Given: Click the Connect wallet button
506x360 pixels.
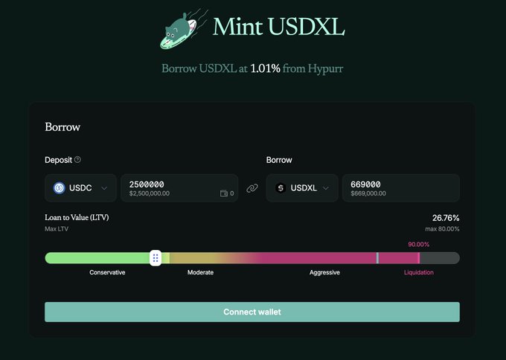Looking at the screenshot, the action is [x=252, y=312].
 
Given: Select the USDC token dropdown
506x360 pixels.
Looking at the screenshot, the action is [x=80, y=188].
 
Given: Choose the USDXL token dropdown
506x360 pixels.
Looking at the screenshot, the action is [x=301, y=188].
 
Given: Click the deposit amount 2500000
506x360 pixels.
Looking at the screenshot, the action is [x=147, y=184].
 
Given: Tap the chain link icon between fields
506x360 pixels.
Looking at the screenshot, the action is [x=252, y=188].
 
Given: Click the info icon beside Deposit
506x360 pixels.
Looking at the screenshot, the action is [x=77, y=159].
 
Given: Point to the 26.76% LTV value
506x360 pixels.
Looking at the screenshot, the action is [x=446, y=218].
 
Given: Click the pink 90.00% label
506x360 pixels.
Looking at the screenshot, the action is [x=419, y=244].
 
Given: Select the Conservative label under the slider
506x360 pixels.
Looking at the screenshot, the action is [x=107, y=272].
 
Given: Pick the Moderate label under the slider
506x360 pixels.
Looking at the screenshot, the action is [x=200, y=272].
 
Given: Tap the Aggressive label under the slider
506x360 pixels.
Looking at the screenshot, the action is [x=324, y=272].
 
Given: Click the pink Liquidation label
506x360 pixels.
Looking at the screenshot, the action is [x=418, y=272].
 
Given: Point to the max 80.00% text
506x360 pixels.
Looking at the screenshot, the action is [x=442, y=229].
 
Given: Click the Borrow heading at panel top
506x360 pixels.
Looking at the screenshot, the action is [x=63, y=127].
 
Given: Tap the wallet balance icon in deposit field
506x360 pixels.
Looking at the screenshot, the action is [x=224, y=193].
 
